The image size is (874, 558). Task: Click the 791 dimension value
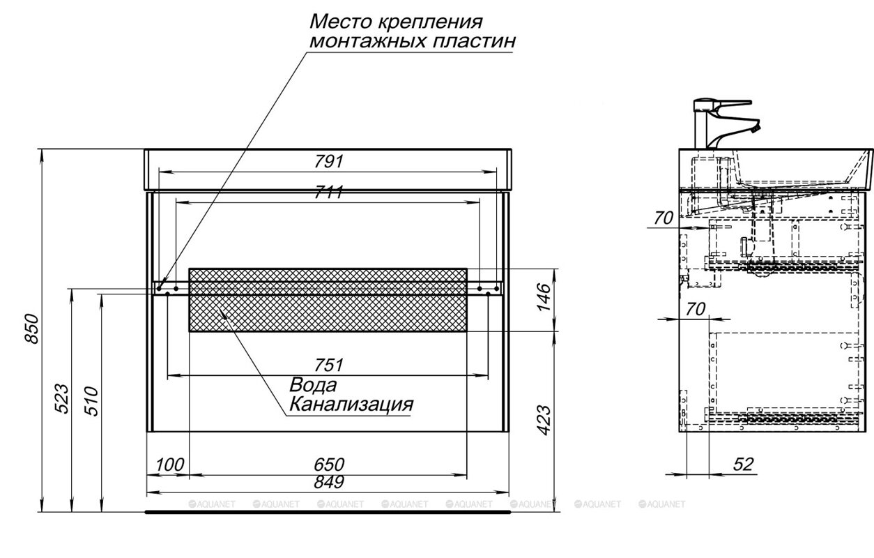pos(328,161)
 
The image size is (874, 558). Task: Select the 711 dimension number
pos(328,193)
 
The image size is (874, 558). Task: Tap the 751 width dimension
pos(328,365)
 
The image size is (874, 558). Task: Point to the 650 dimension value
pos(329,465)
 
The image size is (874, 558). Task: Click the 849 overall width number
pos(328,482)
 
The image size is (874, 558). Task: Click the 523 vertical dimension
pos(61,399)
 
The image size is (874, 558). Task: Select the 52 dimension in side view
pos(744,465)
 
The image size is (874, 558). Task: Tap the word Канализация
pos(351,404)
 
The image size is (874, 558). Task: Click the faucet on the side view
pos(718,122)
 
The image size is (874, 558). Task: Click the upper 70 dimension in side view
pos(664,218)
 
